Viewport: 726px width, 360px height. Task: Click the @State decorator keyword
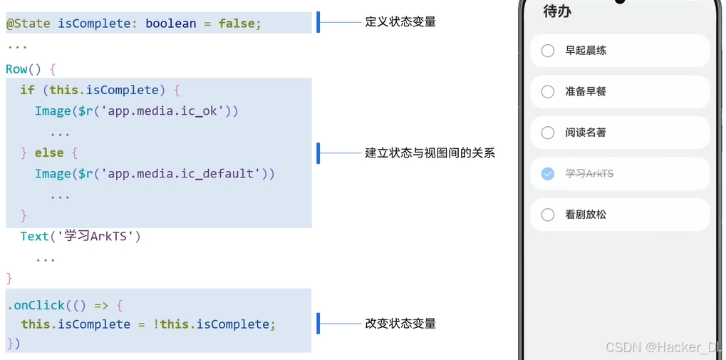click(x=28, y=24)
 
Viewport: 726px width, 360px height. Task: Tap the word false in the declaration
click(x=239, y=24)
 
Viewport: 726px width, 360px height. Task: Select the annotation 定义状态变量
click(x=400, y=22)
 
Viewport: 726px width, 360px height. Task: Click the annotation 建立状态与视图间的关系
click(x=430, y=153)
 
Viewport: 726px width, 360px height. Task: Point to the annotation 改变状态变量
click(x=400, y=323)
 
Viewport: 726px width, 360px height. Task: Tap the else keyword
click(x=49, y=153)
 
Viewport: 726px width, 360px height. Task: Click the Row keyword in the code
click(x=17, y=69)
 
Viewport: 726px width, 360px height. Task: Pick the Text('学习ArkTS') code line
click(x=81, y=236)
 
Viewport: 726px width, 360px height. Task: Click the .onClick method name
click(x=36, y=305)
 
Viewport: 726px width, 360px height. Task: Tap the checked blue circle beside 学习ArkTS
click(x=548, y=173)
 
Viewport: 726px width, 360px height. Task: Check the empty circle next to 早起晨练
click(x=548, y=51)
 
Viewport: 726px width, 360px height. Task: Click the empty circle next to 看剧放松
click(x=548, y=215)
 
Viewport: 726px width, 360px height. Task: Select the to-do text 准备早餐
click(x=586, y=92)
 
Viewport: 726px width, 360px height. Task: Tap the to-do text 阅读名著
click(x=586, y=133)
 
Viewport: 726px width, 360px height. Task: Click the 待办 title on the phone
click(x=556, y=11)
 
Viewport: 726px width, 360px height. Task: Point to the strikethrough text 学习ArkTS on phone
click(x=589, y=174)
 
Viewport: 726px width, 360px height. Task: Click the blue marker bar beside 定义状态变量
click(x=318, y=22)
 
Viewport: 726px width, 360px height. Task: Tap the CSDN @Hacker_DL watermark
click(x=663, y=347)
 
